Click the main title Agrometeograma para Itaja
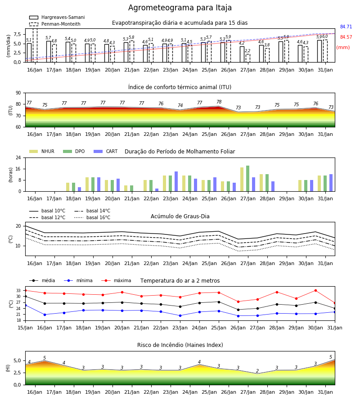(x=180, y=8)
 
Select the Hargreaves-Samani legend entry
(x=57, y=17)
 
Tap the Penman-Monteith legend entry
(x=55, y=24)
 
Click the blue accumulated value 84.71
(x=346, y=27)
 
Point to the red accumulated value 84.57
(x=346, y=37)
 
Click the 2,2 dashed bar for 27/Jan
(x=247, y=58)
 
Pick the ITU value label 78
(x=219, y=102)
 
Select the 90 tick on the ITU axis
(x=18, y=93)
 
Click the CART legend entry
(x=106, y=151)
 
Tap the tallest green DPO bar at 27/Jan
(x=247, y=179)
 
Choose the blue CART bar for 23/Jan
(x=176, y=182)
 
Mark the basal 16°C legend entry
(x=92, y=217)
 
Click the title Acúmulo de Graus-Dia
(x=180, y=216)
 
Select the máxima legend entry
(x=116, y=280)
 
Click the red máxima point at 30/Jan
(x=315, y=291)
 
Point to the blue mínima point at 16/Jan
(x=45, y=315)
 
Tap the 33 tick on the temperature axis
(x=18, y=291)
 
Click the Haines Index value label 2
(x=257, y=371)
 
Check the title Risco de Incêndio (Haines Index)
(x=180, y=345)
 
